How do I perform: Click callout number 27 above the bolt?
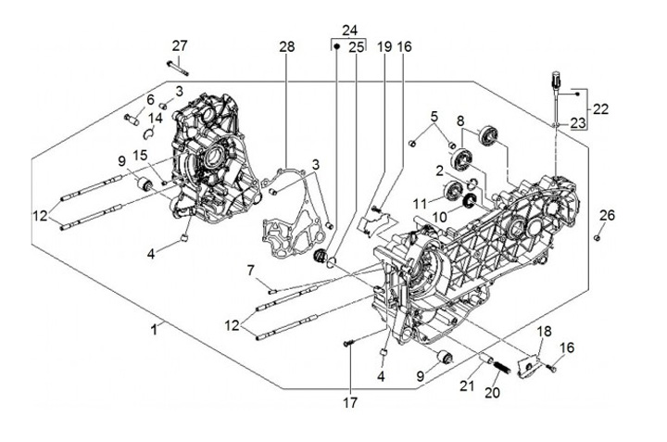pos(180,47)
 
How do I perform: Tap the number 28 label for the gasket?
pos(286,47)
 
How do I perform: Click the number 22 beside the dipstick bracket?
pos(600,108)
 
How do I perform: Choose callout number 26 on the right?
pos(606,216)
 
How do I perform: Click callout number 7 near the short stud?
pos(250,270)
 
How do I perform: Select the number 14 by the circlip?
pos(157,118)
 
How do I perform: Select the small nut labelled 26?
pos(598,236)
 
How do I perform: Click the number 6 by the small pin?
pos(150,100)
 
